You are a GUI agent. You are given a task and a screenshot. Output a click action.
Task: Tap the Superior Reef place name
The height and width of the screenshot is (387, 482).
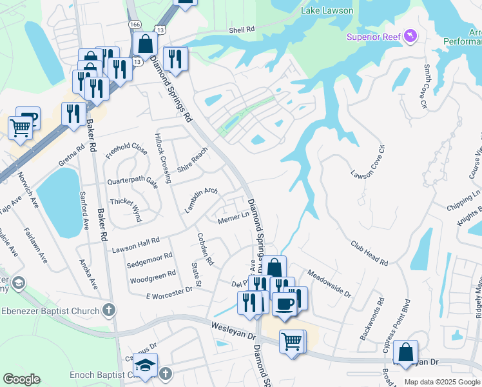point(374,37)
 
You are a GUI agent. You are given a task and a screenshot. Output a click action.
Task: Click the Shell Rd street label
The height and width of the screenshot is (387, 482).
point(242,30)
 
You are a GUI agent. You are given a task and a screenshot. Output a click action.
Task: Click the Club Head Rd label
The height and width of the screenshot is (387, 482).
point(369,253)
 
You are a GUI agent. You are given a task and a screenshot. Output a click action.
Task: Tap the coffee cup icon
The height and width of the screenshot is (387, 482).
point(284,303)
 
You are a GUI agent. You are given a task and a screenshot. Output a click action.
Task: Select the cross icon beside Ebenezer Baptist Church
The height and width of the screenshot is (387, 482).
point(109,310)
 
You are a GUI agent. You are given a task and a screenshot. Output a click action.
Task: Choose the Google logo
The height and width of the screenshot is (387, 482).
point(21,379)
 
